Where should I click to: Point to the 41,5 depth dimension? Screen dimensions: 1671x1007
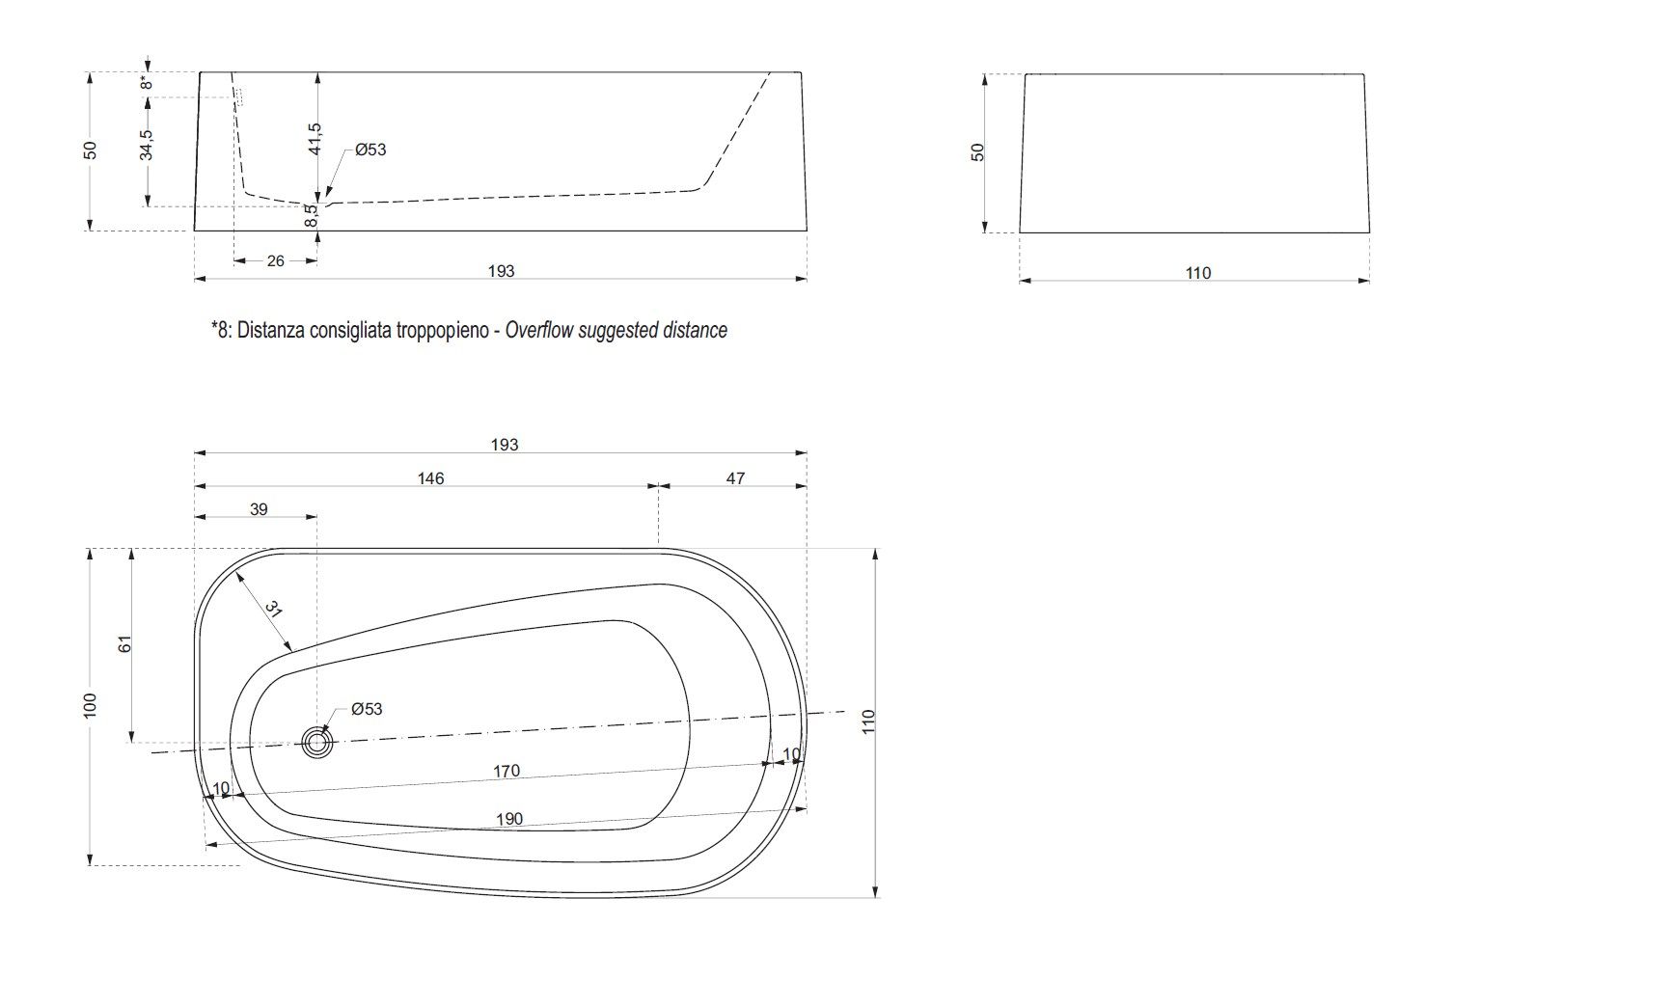coord(315,140)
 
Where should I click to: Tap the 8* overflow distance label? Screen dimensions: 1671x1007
coord(147,82)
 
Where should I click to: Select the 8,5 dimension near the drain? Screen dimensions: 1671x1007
coord(311,215)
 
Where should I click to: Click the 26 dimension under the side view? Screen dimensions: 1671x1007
coord(276,260)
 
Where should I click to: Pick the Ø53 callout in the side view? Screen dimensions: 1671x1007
coord(370,150)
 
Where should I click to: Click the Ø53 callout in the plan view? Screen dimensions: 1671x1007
coord(367,709)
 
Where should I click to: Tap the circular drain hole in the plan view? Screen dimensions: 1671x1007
coord(317,743)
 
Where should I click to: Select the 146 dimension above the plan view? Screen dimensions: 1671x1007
coord(430,478)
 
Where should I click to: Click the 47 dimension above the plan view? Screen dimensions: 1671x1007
coord(735,478)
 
